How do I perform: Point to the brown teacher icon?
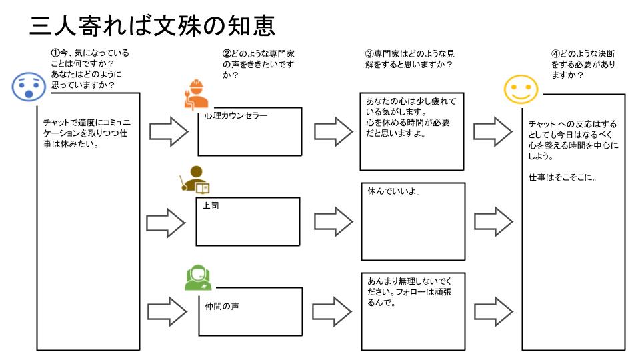coord(194,179)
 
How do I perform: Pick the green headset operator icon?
coord(198,277)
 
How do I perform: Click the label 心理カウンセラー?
coord(236,116)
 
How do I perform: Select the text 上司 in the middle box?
coord(211,205)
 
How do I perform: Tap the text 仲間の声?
coord(223,306)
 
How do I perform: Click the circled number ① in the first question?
coord(56,53)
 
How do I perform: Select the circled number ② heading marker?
coord(226,53)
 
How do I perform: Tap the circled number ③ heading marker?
coord(369,53)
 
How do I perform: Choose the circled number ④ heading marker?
coord(555,53)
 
